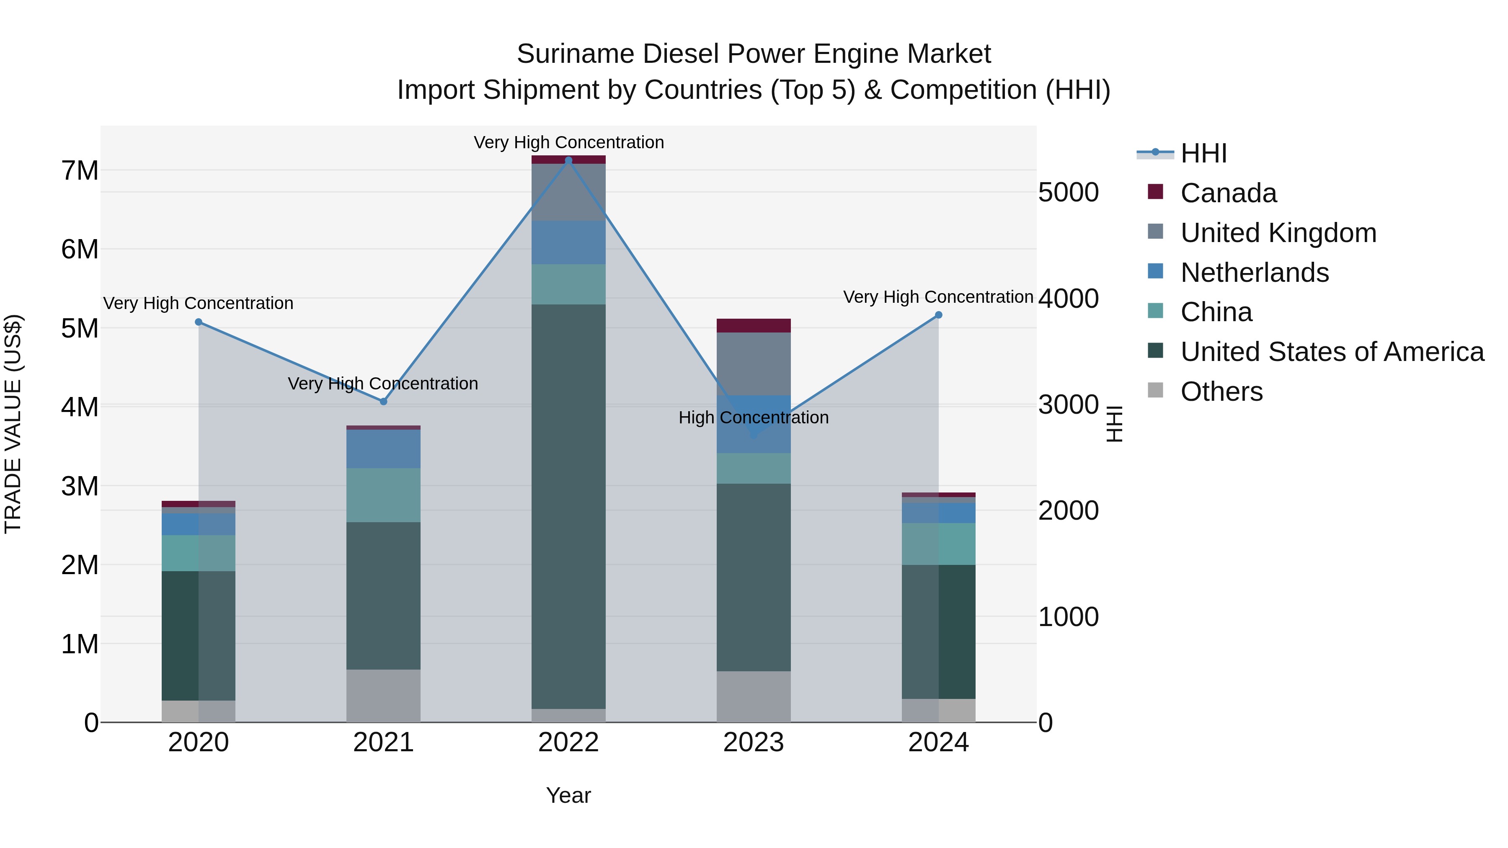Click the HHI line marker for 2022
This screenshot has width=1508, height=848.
coord(568,160)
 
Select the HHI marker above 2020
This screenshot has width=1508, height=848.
coord(199,322)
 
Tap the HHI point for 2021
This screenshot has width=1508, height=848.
coord(383,402)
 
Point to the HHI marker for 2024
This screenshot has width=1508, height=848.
coord(938,315)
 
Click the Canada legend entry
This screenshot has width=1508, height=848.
coord(1228,193)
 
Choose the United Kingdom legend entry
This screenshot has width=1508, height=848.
coord(1278,233)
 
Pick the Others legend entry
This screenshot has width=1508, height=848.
coord(1221,392)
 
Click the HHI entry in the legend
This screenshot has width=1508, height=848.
coord(1203,153)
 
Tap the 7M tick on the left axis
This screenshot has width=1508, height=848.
coord(80,171)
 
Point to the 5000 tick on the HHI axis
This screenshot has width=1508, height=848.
coord(1068,193)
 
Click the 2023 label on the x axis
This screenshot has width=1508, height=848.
coord(754,742)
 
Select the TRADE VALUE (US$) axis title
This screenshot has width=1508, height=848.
coord(13,424)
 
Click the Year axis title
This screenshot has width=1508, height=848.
coord(568,795)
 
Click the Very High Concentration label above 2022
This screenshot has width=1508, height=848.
coord(568,142)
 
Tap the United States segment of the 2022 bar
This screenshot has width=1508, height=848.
coord(568,506)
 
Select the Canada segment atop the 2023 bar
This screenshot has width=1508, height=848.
coord(754,325)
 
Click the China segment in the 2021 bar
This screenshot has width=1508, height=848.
coord(383,495)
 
